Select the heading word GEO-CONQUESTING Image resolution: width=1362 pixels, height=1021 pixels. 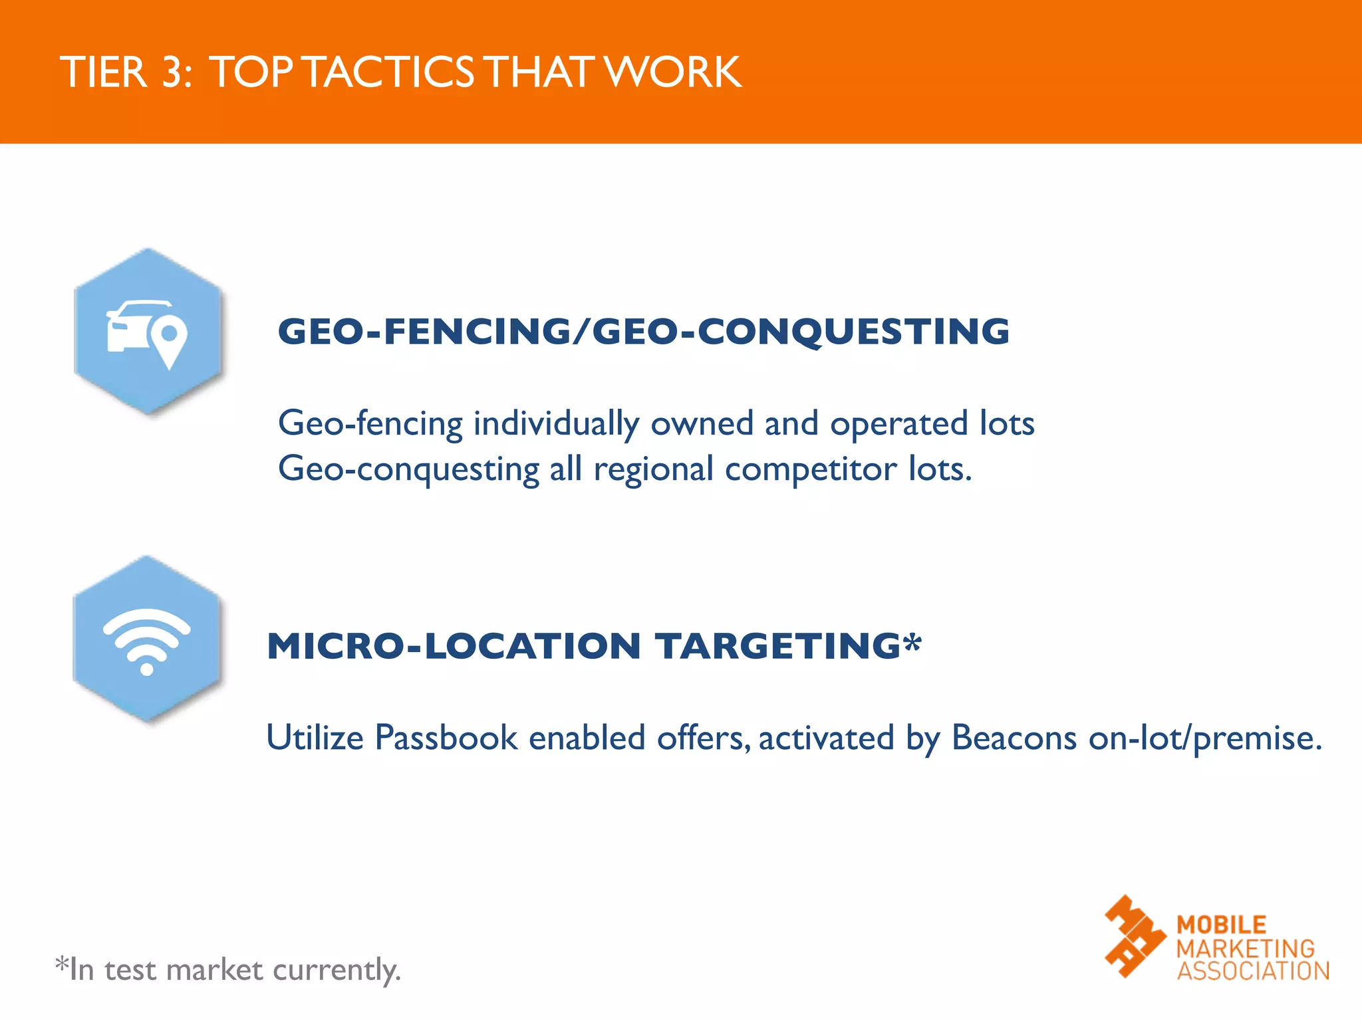click(x=801, y=331)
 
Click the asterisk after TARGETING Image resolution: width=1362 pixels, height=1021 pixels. click(x=913, y=641)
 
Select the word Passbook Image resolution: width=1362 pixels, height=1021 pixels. click(x=446, y=738)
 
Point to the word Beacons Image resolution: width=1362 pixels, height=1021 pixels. click(x=1014, y=738)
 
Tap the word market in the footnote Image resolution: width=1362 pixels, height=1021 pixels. click(x=215, y=970)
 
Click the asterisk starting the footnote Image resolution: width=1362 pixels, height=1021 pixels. click(x=62, y=963)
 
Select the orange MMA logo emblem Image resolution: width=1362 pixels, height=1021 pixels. click(x=1135, y=936)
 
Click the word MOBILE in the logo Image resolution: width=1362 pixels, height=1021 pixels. click(x=1221, y=925)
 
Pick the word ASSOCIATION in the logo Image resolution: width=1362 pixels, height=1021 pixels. click(x=1253, y=971)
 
